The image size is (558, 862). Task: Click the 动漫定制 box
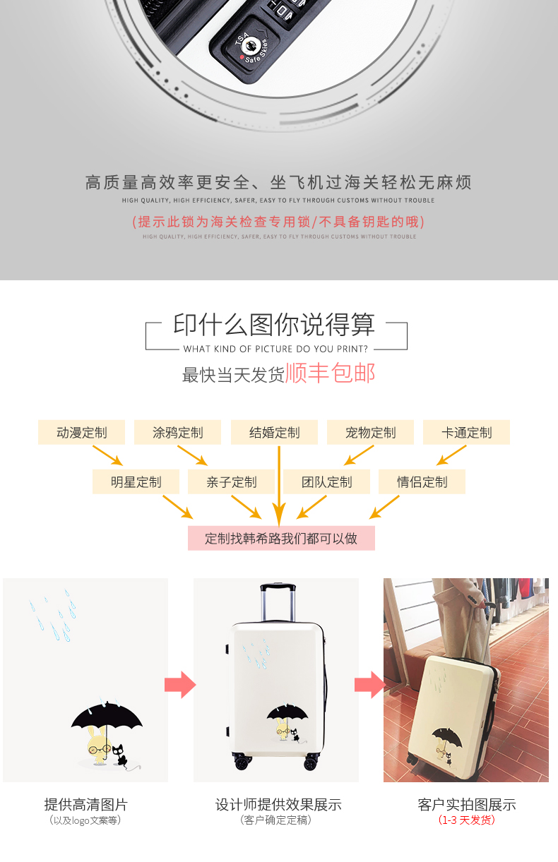81,432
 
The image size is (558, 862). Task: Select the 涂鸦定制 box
177,432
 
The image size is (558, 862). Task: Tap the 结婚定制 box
274,432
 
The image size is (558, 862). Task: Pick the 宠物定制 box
370,432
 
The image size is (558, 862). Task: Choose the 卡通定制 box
466,432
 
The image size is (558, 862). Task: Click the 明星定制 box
136,481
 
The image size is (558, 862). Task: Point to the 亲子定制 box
231,481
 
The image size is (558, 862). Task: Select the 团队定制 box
326,481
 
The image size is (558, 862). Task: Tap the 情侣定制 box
422,481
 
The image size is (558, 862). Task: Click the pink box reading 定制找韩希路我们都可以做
281,538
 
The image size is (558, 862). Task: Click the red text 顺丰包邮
330,373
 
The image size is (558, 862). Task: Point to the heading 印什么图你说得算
274,325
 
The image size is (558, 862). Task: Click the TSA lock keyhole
249,47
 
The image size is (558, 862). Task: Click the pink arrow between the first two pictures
180,685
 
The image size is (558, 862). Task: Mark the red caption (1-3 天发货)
466,820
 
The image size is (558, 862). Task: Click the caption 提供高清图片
86,805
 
